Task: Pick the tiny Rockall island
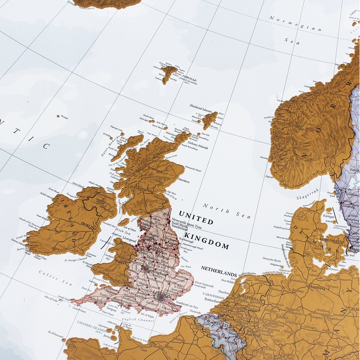[58, 116]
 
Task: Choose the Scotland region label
[155, 171]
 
